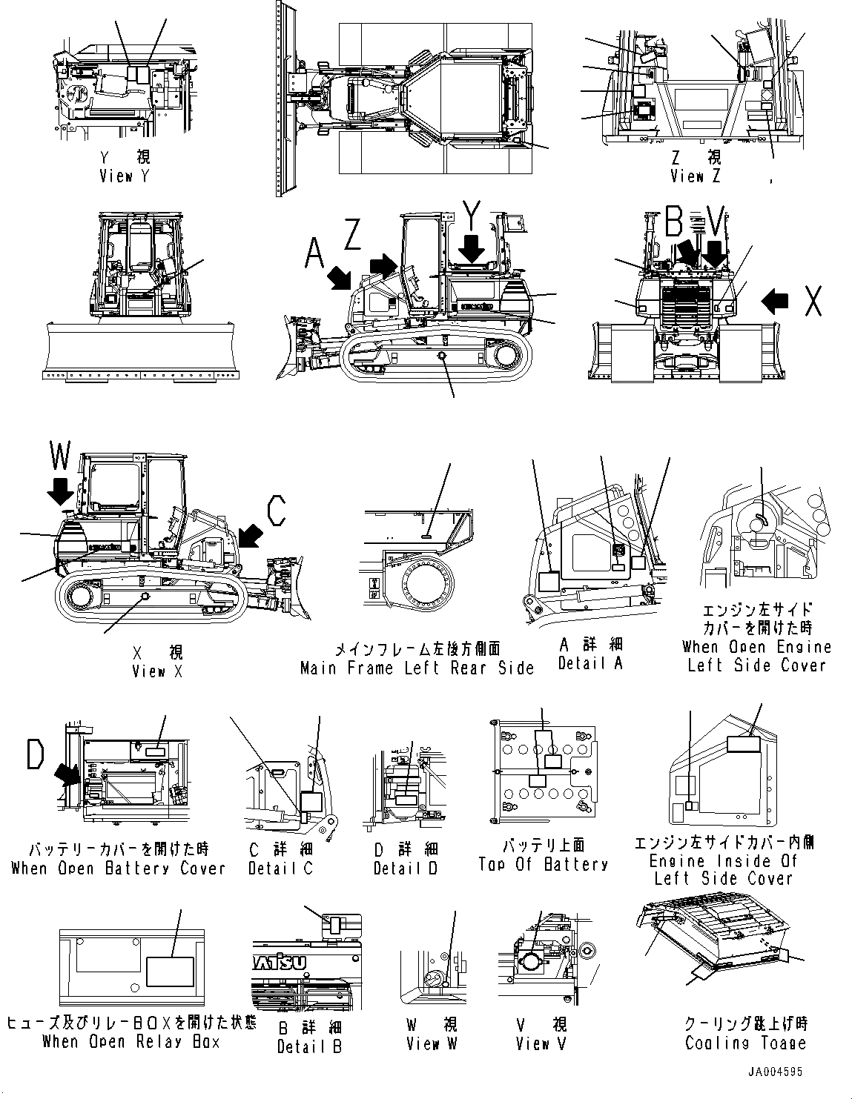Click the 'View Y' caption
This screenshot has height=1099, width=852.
(x=124, y=176)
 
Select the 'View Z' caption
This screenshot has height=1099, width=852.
(x=695, y=176)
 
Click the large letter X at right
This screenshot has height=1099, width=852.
(x=813, y=300)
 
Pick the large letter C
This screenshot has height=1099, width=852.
(x=277, y=511)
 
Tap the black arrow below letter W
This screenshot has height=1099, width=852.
(x=61, y=491)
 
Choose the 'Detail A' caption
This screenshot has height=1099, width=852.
(x=590, y=663)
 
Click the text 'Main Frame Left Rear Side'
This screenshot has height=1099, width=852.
(x=417, y=668)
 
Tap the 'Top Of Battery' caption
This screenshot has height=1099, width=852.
(x=544, y=864)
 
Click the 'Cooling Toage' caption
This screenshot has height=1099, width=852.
(x=745, y=1043)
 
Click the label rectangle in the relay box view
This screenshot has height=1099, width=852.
(x=170, y=971)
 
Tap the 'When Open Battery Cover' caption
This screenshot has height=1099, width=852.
(x=118, y=868)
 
